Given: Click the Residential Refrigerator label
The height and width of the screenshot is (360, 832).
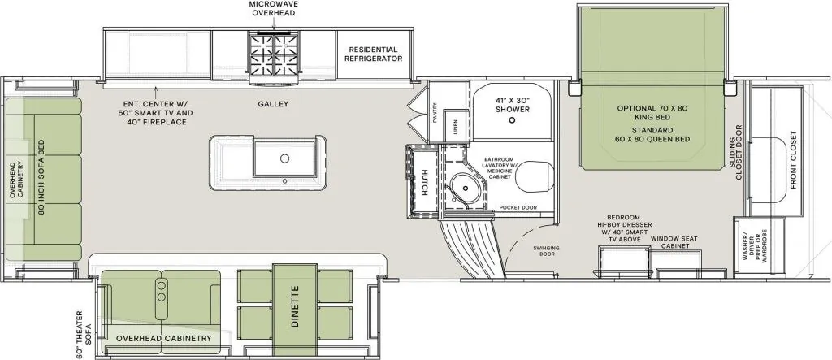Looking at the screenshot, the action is coord(374,54).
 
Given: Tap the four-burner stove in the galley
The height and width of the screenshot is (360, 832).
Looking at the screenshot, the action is coord(274,55).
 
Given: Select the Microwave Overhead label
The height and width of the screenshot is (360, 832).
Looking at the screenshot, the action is coord(273,8).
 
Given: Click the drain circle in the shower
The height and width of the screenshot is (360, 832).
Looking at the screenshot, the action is coord(512,120).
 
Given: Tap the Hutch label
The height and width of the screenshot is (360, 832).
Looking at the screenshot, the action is coord(424,183).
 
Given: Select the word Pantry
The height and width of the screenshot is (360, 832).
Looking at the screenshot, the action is coord(435,113).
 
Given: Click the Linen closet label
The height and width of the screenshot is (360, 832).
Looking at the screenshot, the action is coord(456,128).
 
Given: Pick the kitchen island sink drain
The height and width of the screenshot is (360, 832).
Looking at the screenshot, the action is coord(284,158).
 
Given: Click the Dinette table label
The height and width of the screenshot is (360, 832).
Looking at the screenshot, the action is coord(296,308).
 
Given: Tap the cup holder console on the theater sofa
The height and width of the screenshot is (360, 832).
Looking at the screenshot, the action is coord(162,292).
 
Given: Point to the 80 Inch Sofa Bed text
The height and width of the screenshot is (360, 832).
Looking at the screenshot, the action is coord(41,176).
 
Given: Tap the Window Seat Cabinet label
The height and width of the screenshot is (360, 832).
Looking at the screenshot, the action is coord(670,243).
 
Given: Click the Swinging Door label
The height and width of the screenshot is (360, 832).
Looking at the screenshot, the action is coord(547,250).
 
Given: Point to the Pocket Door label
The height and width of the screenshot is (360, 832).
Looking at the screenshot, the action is coord(518,207).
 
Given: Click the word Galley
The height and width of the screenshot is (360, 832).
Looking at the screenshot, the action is coord(274,104).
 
